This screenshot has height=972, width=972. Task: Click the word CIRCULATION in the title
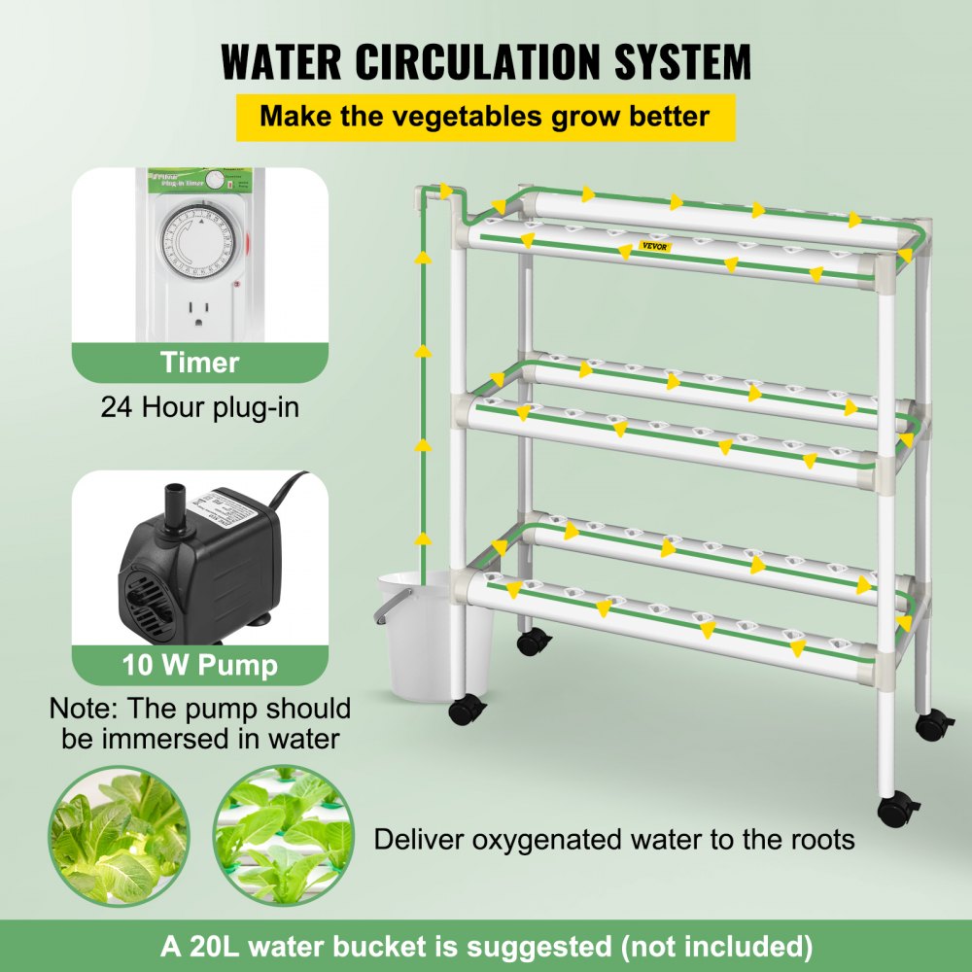[481, 60]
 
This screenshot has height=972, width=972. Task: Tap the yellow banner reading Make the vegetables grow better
[485, 118]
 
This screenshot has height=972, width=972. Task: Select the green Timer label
[199, 363]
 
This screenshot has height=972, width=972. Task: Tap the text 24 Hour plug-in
[199, 405]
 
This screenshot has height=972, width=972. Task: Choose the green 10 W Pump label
[199, 666]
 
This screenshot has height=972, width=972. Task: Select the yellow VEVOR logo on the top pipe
[655, 245]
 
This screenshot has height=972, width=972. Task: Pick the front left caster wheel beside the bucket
[468, 710]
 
